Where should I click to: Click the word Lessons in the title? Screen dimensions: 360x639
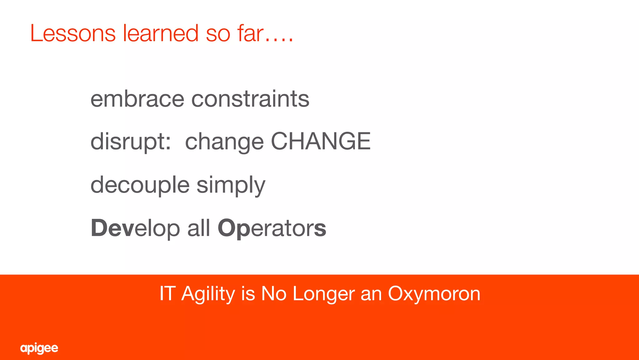point(73,33)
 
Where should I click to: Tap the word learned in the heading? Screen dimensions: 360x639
point(160,33)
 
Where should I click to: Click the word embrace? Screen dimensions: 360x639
point(137,99)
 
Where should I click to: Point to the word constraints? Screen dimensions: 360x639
point(250,99)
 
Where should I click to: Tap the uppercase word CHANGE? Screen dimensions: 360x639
point(320,141)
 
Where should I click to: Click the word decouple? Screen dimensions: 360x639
point(140,185)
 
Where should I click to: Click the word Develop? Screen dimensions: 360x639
point(135,228)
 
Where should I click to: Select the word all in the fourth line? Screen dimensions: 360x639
point(198,228)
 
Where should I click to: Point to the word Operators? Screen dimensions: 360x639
point(272,228)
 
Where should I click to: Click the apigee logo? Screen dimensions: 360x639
point(39,348)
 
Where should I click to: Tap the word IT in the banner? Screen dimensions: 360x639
point(167,293)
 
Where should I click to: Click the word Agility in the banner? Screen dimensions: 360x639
point(208,294)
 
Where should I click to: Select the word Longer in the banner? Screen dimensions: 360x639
point(324,294)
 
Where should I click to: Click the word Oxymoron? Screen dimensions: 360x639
point(434,294)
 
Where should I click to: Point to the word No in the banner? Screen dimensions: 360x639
point(274,293)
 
